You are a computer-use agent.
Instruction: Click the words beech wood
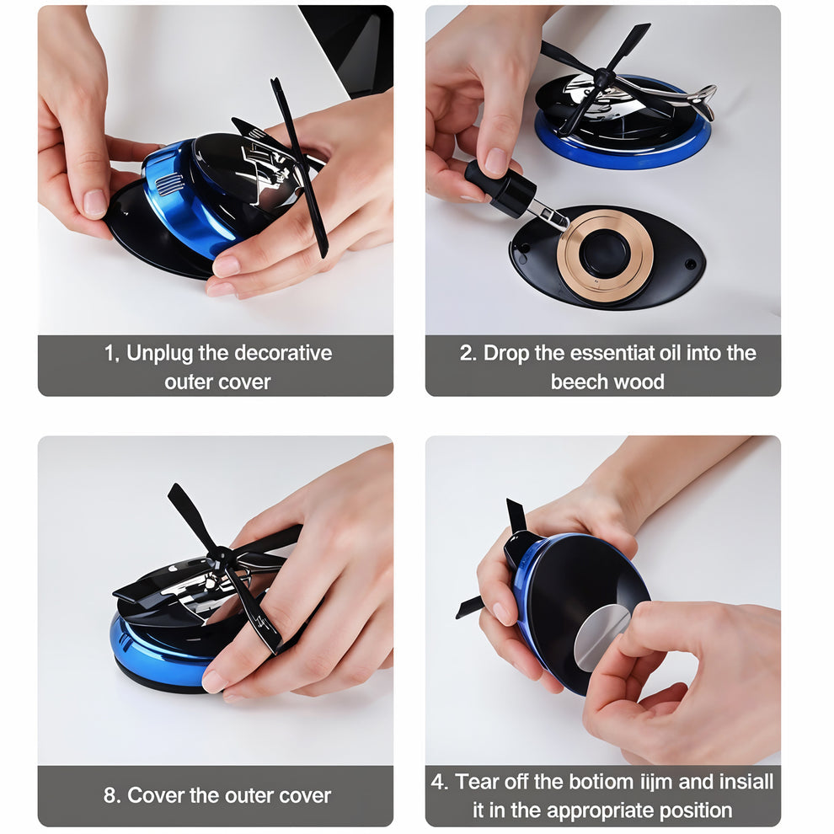point(607,382)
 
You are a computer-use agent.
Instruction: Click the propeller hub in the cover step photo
point(222,556)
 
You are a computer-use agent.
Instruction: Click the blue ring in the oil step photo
point(623,155)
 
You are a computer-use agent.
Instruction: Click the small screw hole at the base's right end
point(690,264)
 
